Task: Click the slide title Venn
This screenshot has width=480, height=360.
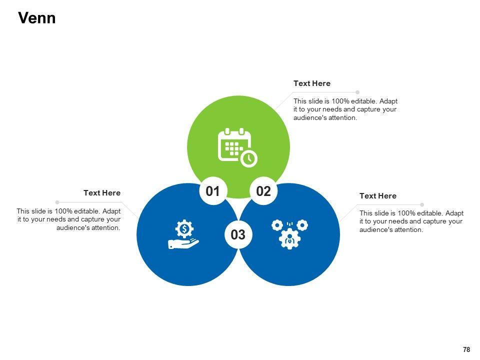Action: [x=36, y=18]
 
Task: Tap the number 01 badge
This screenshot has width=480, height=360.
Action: [x=213, y=191]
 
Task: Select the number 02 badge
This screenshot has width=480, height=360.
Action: [x=263, y=191]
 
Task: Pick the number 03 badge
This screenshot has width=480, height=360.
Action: [x=238, y=234]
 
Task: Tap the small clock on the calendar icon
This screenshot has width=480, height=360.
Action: [x=248, y=158]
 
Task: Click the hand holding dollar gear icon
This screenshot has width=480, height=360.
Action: [x=184, y=234]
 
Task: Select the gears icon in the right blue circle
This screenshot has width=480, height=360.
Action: [x=289, y=233]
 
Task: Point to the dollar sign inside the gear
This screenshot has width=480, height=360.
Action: [x=184, y=229]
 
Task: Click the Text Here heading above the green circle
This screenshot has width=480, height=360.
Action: [x=311, y=83]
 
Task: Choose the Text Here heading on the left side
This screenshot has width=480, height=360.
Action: [x=102, y=193]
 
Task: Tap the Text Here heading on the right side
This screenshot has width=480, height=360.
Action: [x=377, y=196]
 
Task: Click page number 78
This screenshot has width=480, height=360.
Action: [x=466, y=349]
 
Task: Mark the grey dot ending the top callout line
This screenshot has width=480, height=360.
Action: [x=357, y=92]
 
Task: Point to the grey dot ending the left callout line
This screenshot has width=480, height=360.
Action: [x=57, y=202]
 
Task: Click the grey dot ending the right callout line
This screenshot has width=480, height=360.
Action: [x=422, y=205]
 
